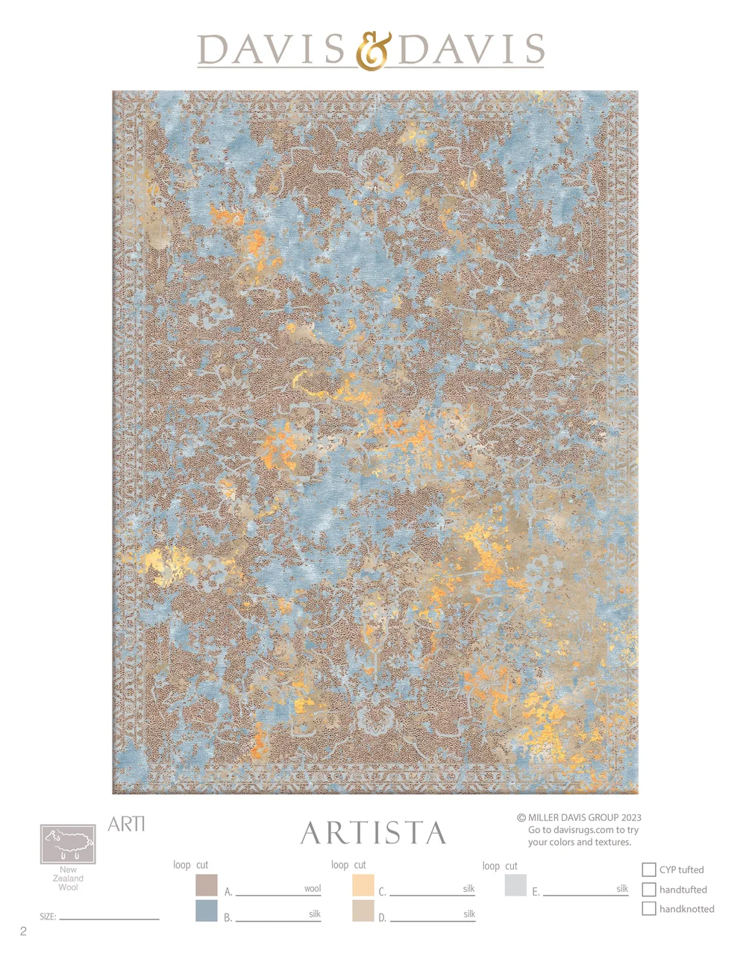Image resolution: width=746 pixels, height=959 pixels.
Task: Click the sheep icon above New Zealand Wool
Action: (x=68, y=843)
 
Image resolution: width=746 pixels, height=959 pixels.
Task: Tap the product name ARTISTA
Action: (x=373, y=834)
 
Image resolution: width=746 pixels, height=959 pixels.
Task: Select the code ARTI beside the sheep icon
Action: (x=126, y=824)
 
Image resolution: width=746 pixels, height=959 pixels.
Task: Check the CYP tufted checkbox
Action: (x=649, y=870)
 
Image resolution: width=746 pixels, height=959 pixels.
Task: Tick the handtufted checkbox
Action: (x=649, y=889)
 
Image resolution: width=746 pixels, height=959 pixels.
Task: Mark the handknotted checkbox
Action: (x=649, y=908)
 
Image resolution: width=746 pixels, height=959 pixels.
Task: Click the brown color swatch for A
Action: (x=206, y=885)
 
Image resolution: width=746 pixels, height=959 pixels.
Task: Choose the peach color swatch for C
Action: (x=363, y=885)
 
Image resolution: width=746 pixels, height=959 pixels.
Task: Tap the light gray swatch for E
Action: (x=515, y=885)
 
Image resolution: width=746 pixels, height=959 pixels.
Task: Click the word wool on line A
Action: (x=313, y=889)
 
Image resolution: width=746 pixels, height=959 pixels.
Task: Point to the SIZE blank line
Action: (x=109, y=918)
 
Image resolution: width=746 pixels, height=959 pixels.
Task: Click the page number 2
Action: (x=23, y=931)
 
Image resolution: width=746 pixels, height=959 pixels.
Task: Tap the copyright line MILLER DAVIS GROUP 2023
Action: (x=580, y=817)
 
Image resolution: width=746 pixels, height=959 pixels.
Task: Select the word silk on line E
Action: (x=622, y=889)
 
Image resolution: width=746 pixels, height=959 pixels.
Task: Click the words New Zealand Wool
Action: (x=68, y=878)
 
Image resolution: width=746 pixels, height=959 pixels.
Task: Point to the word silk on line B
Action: (x=315, y=914)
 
